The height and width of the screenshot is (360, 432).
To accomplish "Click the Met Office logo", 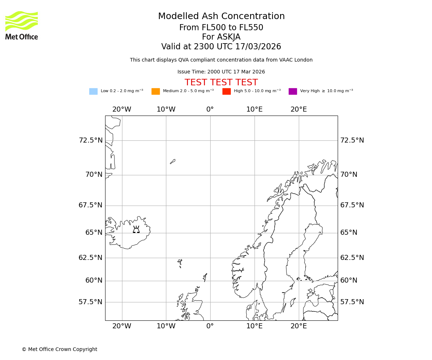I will [x=22, y=25].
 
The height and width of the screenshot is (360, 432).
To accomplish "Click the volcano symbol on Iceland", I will [x=136, y=230].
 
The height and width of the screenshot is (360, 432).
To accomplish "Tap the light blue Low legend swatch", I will [x=93, y=91].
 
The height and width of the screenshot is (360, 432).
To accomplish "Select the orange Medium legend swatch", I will [x=156, y=91].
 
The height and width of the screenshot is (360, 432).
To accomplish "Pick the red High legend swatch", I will [x=226, y=91].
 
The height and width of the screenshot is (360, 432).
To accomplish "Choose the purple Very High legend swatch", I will [x=293, y=91].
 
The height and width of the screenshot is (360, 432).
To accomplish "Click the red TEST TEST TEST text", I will [x=221, y=82].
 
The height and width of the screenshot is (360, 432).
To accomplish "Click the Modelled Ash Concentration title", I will [x=221, y=16].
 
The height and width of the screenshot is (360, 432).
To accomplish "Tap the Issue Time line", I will [x=221, y=72].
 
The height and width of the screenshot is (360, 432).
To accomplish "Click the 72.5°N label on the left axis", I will [x=91, y=140].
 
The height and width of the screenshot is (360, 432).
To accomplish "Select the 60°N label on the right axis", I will [x=349, y=280].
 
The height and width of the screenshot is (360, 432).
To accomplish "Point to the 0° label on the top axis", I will [x=210, y=109].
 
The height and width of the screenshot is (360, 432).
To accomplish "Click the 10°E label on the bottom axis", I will [x=255, y=326].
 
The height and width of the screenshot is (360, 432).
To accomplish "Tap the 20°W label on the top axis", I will [x=122, y=109].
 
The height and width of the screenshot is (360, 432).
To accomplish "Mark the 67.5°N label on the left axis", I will [x=91, y=205].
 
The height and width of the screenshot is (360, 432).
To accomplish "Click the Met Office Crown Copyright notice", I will [x=59, y=349].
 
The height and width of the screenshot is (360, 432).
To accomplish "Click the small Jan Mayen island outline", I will [x=173, y=162].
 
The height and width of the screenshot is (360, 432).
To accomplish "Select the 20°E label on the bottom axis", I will [x=299, y=326].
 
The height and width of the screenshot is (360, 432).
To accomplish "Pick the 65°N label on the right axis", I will [x=349, y=233].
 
